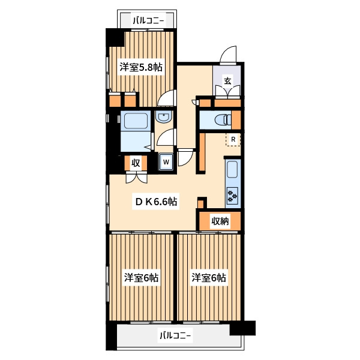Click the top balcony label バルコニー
[149, 21]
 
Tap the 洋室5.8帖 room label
[141, 67]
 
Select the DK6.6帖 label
[156, 202]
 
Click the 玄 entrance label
[227, 81]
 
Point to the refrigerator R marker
[233, 139]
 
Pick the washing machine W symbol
[166, 161]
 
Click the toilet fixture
[223, 120]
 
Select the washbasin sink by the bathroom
[164, 117]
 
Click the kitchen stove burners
[232, 196]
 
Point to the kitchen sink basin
[232, 169]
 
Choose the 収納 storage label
[220, 221]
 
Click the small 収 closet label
[136, 163]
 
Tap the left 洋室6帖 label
[141, 278]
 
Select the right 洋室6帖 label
[209, 278]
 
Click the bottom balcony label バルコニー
[175, 336]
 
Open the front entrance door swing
[228, 54]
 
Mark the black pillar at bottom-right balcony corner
[242, 328]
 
